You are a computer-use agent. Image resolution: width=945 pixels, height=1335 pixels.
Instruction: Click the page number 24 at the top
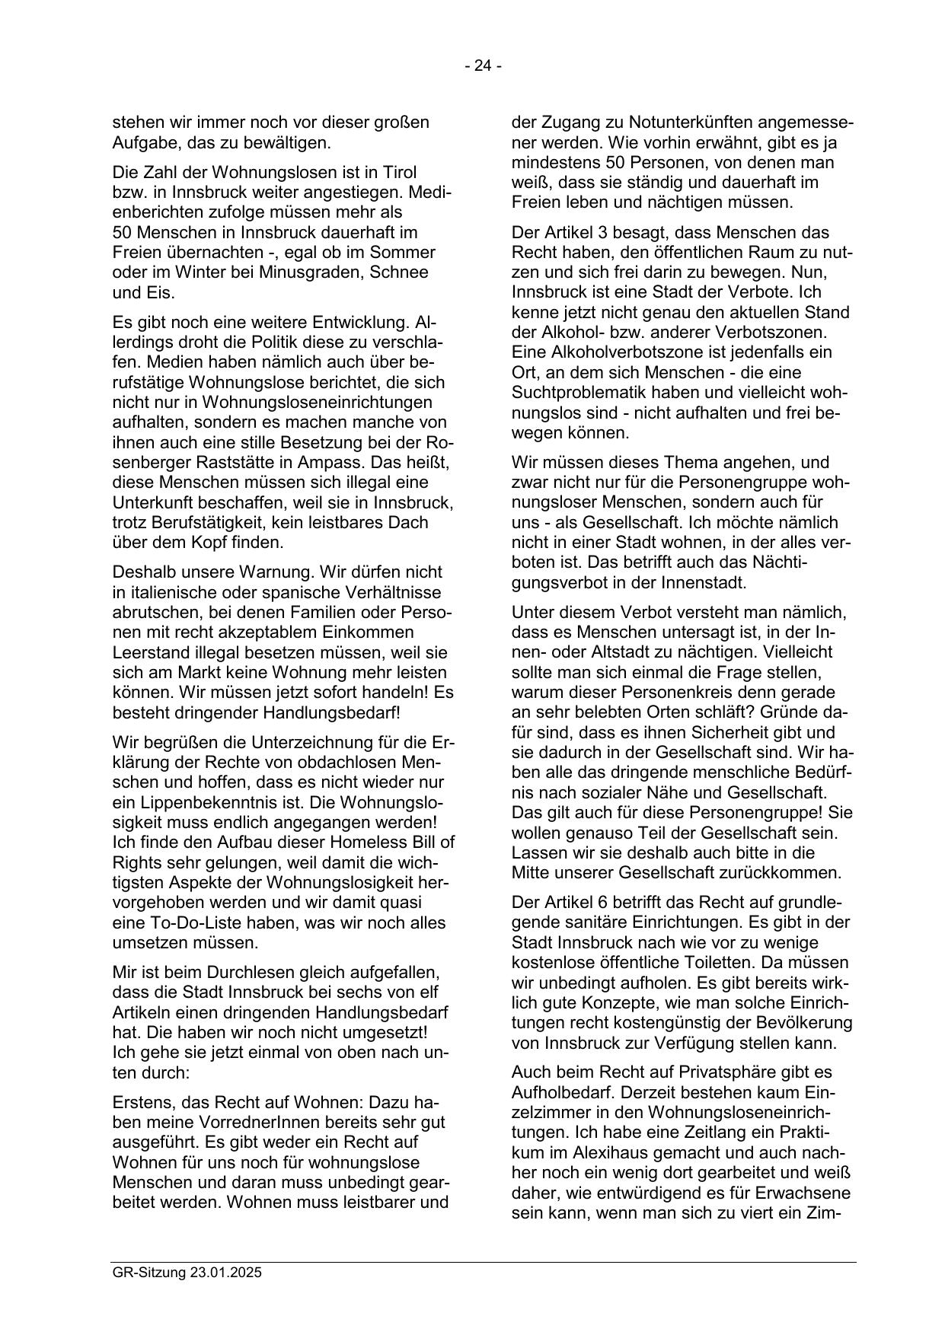point(483,66)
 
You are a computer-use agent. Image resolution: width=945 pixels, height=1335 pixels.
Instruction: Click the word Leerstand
point(149,652)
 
